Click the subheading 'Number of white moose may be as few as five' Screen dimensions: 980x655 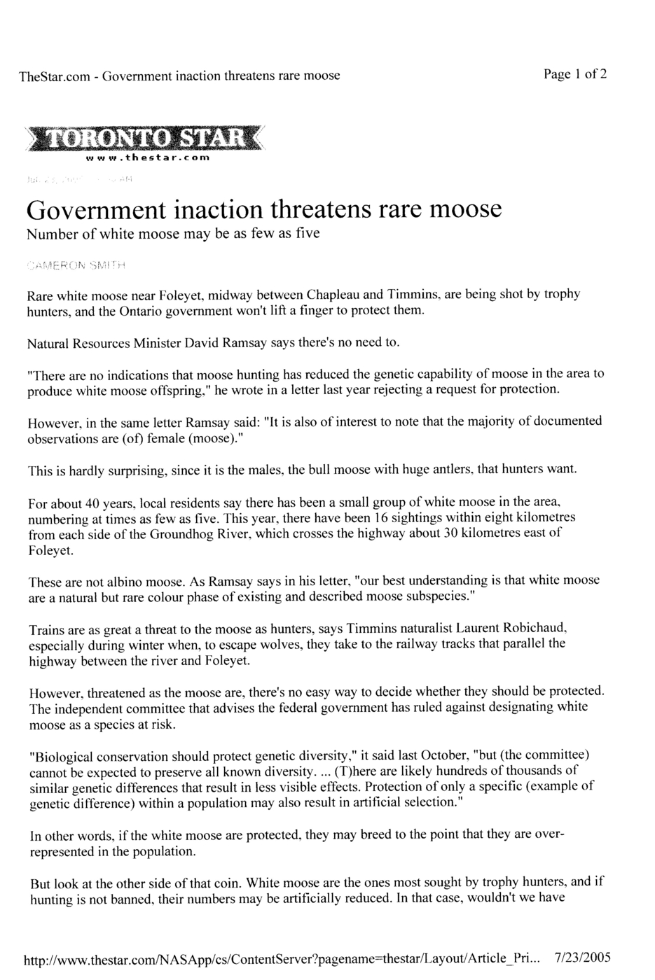click(173, 234)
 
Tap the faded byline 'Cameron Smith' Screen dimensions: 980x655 click(77, 266)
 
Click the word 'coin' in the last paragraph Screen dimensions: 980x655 click(222, 883)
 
